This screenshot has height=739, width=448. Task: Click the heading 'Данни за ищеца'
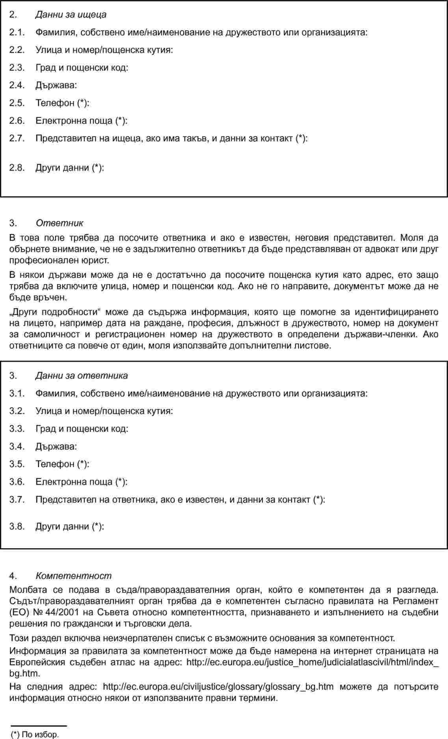[x=71, y=15]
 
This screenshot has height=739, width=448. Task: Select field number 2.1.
[x=17, y=33]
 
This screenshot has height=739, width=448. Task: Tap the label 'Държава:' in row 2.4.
[x=56, y=85]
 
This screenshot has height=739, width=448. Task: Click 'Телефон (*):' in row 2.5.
[x=62, y=103]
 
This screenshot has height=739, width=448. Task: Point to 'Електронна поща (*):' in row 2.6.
[x=81, y=121]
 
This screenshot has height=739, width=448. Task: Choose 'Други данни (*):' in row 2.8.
[x=70, y=168]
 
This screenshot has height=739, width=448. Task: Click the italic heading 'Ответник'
[x=59, y=223]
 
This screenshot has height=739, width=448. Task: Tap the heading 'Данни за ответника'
[x=82, y=376]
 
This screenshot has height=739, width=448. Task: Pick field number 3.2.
[x=17, y=411]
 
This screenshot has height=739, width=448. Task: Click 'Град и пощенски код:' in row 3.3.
[x=82, y=429]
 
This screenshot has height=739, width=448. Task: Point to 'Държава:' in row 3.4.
[x=56, y=447]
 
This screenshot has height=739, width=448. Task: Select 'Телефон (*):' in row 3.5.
[x=62, y=464]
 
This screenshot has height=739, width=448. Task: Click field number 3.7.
[x=17, y=500]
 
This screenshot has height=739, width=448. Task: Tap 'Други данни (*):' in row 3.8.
[x=70, y=526]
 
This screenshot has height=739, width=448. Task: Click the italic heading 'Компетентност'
[x=73, y=576]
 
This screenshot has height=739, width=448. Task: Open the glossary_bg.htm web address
[x=218, y=687]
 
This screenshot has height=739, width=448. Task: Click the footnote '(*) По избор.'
[x=35, y=735]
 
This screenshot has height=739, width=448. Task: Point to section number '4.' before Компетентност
[x=13, y=576]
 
